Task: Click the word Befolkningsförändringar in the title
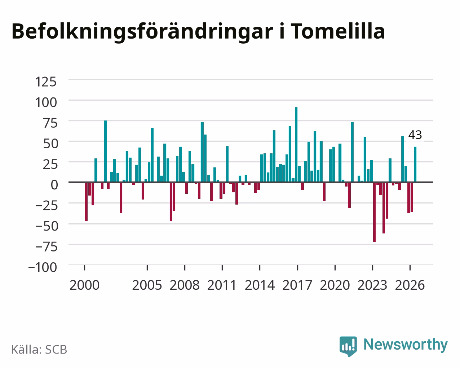(142, 32)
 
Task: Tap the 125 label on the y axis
(46, 82)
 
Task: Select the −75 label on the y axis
(47, 247)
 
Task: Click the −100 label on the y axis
(43, 267)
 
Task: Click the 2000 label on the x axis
(84, 285)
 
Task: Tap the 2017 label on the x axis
(297, 285)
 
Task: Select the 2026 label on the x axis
(410, 285)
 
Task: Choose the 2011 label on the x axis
(222, 285)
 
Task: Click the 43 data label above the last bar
(415, 135)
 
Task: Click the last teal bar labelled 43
(415, 165)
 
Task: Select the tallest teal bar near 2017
(296, 145)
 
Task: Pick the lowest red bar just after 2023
(375, 212)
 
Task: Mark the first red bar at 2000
(87, 202)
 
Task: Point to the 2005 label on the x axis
(147, 285)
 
